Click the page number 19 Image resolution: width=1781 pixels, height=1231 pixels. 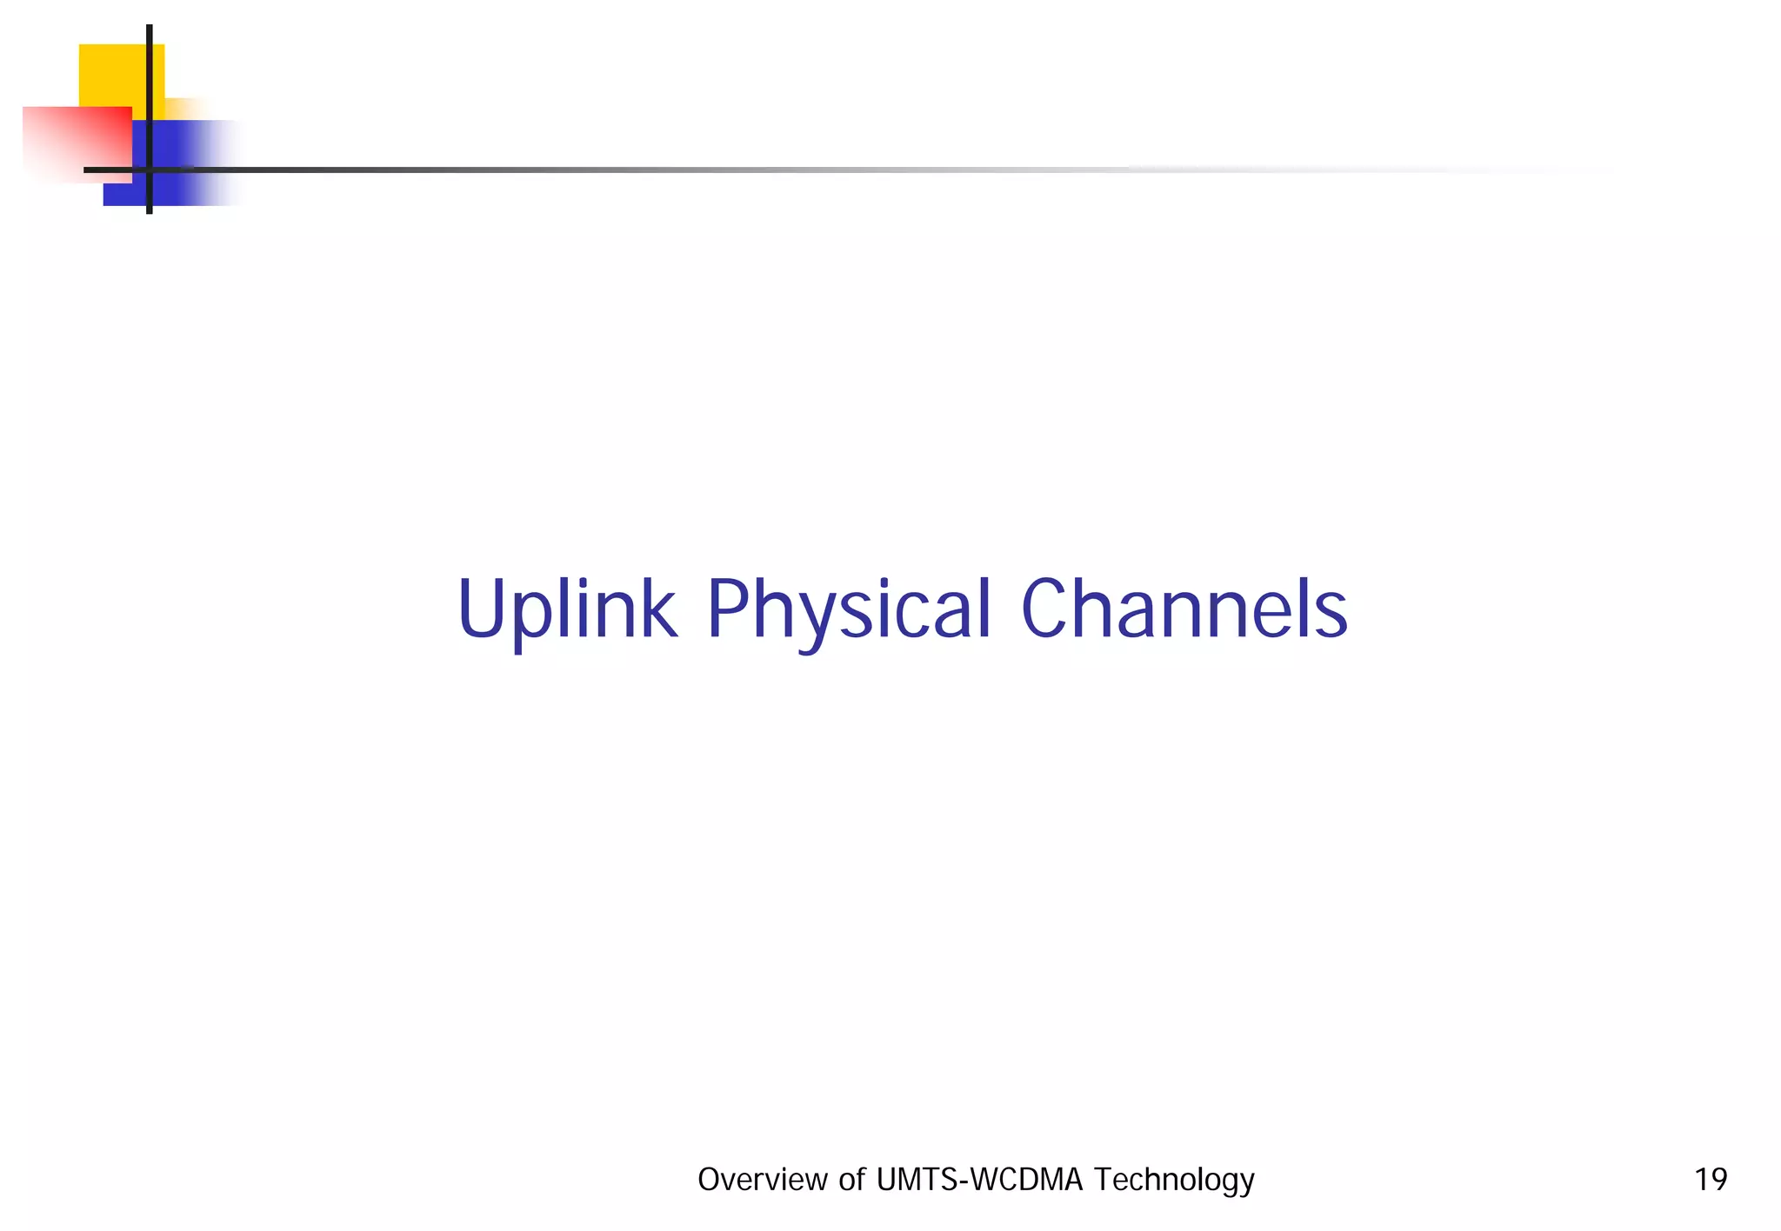click(1711, 1180)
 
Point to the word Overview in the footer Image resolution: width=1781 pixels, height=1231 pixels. click(763, 1180)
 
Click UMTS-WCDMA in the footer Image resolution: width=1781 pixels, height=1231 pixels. click(980, 1180)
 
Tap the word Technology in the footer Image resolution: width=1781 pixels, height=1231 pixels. click(1174, 1180)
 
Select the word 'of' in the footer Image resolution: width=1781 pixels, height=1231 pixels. click(851, 1180)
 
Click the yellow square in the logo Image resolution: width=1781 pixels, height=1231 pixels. click(113, 75)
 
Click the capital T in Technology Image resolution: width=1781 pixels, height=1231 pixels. click(1103, 1179)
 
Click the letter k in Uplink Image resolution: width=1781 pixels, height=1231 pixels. click(657, 608)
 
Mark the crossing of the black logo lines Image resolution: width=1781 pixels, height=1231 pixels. click(150, 170)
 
